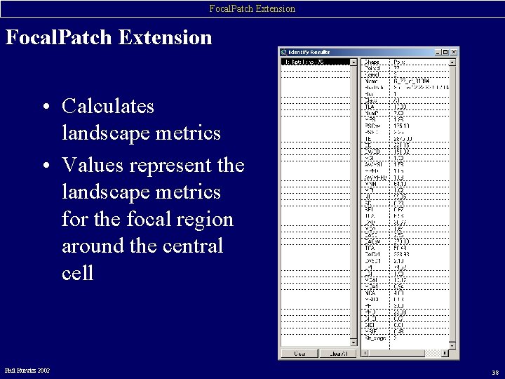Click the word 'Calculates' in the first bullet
click(107, 107)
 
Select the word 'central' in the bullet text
click(190, 246)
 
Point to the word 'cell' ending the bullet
click(77, 273)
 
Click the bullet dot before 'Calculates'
click(44, 107)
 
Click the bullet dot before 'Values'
click(44, 166)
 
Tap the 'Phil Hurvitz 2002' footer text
click(27, 370)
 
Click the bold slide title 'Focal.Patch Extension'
click(109, 37)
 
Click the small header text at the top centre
click(252, 8)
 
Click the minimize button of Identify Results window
click(437, 52)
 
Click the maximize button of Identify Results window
click(445, 52)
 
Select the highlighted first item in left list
click(315, 62)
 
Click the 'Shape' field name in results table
click(371, 62)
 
